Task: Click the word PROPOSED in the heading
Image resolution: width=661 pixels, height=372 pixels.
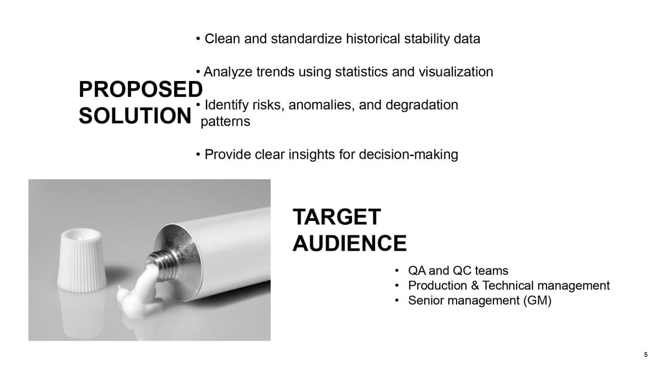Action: pos(140,89)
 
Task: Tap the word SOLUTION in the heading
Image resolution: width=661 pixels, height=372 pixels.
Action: pos(135,115)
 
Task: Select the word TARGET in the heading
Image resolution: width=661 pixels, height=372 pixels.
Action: pos(337,217)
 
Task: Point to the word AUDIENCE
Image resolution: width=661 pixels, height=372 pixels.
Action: pos(350,243)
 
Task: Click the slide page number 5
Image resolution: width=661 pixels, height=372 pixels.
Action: pos(646,354)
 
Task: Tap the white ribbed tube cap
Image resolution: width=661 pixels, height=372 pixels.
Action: pos(81,260)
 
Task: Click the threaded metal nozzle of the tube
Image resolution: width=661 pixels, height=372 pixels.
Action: pos(162,264)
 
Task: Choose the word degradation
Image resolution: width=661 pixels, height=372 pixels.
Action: pos(422,105)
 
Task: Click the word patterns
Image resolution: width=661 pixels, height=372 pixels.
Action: pos(225,122)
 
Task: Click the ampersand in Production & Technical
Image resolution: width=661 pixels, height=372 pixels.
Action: pos(475,285)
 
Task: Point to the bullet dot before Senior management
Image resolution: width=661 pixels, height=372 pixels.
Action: pos(397,300)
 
